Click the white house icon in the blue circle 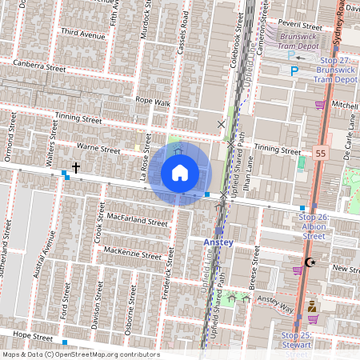[180, 172]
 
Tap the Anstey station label [218, 242]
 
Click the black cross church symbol [76, 167]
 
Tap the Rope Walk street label [153, 102]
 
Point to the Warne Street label [98, 150]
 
